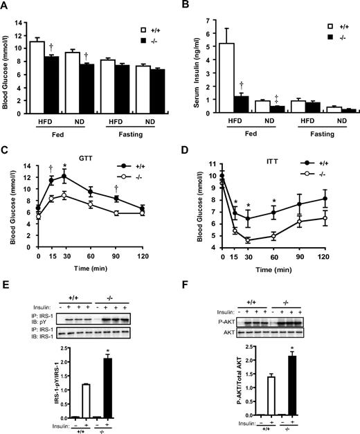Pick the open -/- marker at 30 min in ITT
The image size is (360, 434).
(x=267, y=240)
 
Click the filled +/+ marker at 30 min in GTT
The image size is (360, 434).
(x=64, y=176)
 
